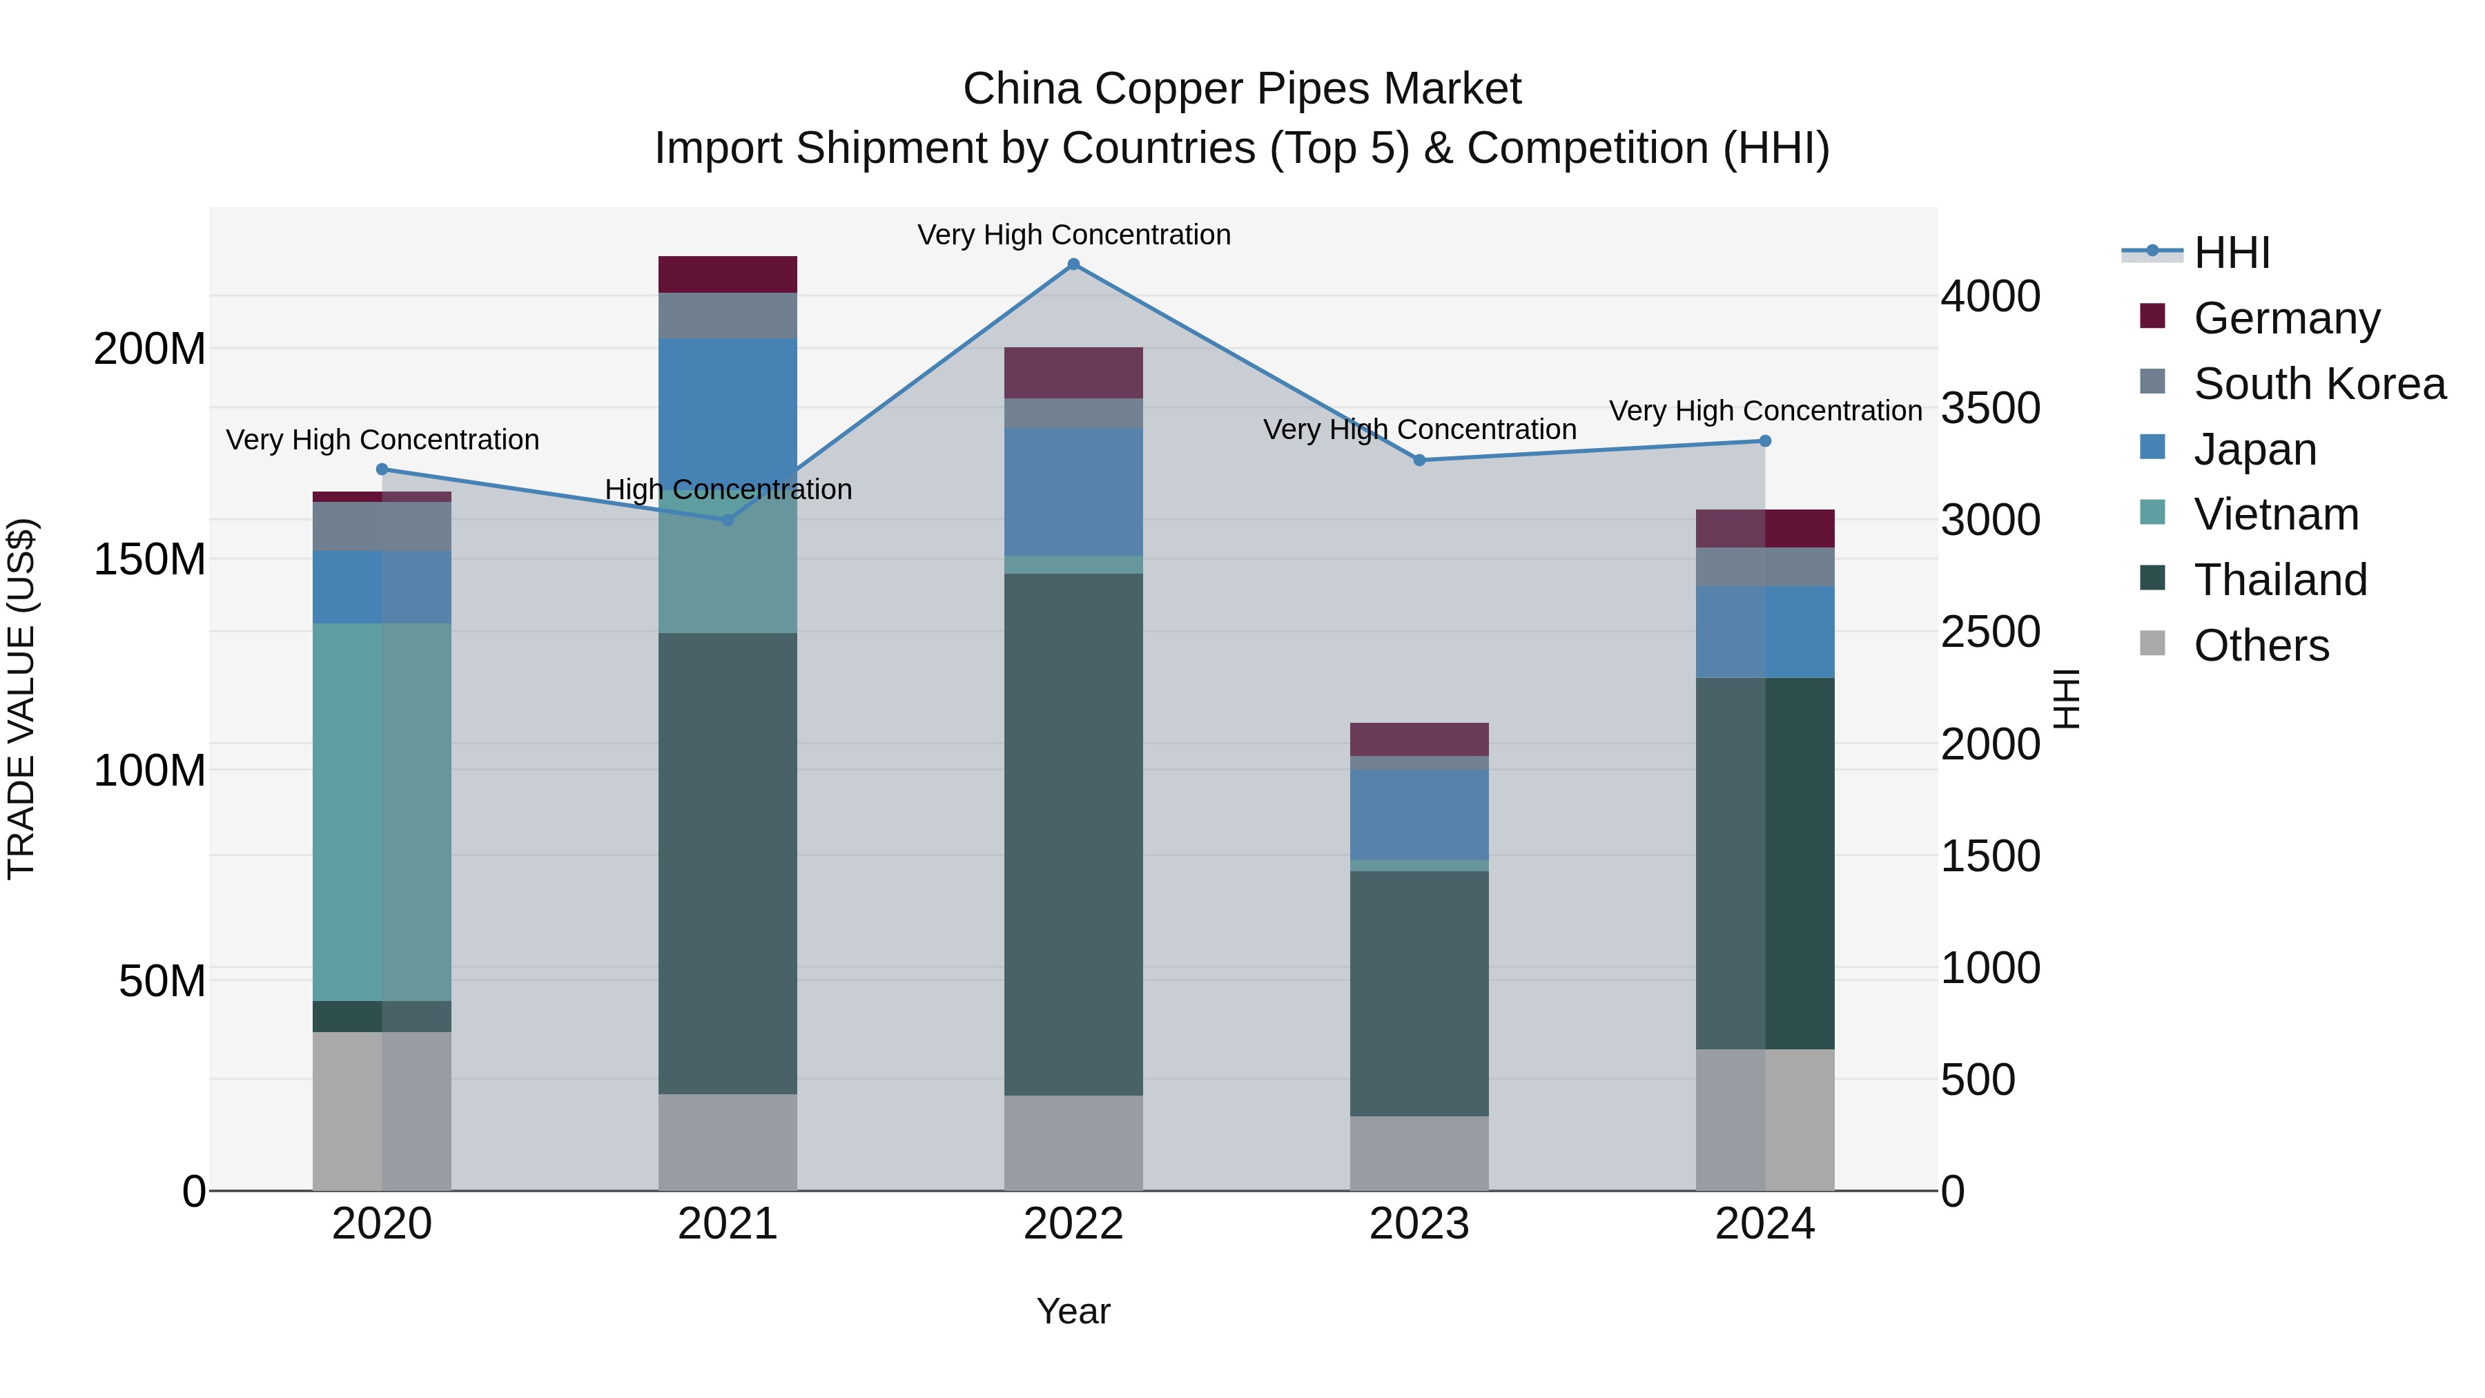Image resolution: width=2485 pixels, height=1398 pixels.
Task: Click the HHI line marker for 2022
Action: click(x=1073, y=264)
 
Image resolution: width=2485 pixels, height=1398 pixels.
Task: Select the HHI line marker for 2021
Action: click(x=728, y=520)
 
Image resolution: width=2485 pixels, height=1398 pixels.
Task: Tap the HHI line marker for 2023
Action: click(x=1419, y=460)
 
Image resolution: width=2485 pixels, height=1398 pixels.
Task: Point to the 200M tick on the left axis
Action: click(x=150, y=349)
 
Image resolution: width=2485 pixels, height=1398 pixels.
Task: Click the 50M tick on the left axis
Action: click(x=162, y=981)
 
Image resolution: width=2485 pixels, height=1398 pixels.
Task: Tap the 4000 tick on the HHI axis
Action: click(x=1990, y=296)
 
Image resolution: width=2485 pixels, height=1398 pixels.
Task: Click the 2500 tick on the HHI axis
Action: click(x=1990, y=632)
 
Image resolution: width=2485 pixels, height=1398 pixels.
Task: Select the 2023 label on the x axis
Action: click(x=1419, y=1224)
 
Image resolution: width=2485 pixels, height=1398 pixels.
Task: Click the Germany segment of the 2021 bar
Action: click(x=728, y=275)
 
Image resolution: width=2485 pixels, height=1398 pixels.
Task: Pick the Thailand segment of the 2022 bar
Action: click(x=1073, y=835)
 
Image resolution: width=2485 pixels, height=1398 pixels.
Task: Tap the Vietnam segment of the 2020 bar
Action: click(x=382, y=813)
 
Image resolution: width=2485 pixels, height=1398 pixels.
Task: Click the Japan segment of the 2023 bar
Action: click(x=1419, y=815)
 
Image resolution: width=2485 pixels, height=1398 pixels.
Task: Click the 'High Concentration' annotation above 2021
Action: click(x=728, y=490)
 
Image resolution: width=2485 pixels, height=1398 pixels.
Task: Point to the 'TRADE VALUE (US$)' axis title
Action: click(x=21, y=699)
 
